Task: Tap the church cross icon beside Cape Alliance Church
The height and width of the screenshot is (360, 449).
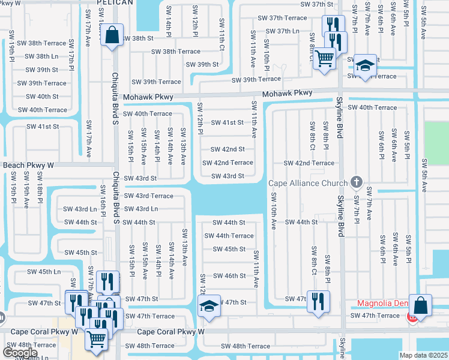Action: (x=356, y=182)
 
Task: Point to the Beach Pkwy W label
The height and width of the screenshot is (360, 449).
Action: (x=28, y=165)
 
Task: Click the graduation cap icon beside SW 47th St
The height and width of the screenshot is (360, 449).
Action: (x=208, y=307)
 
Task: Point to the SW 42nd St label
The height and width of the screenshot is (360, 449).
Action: (x=228, y=149)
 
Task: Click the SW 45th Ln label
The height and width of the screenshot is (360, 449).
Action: (x=44, y=271)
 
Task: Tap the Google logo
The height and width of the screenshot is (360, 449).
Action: (x=20, y=353)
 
